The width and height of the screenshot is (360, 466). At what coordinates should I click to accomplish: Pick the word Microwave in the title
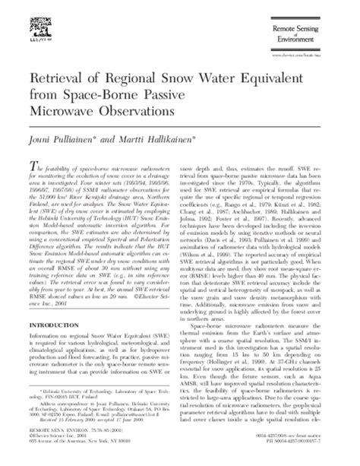coord(59,111)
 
